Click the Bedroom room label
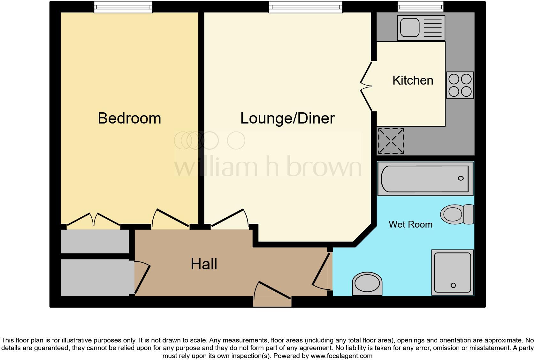pyautogui.click(x=129, y=118)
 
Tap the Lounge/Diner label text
pyautogui.click(x=287, y=118)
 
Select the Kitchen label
pyautogui.click(x=413, y=80)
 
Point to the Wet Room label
pyautogui.click(x=410, y=224)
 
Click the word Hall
pyautogui.click(x=204, y=264)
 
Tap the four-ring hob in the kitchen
pyautogui.click(x=460, y=85)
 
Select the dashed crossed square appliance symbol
pyautogui.click(x=391, y=141)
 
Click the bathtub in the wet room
pyautogui.click(x=425, y=179)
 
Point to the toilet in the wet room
pyautogui.click(x=457, y=214)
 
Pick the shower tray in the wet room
pyautogui.click(x=452, y=272)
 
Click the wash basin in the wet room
pyautogui.click(x=367, y=284)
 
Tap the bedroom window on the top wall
pyautogui.click(x=123, y=7)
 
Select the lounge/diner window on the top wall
pyautogui.click(x=305, y=7)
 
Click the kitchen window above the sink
pyautogui.click(x=420, y=6)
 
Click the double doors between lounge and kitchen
pyautogui.click(x=367, y=86)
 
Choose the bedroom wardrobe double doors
pyautogui.click(x=93, y=220)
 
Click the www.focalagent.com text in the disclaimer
pyautogui.click(x=341, y=356)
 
